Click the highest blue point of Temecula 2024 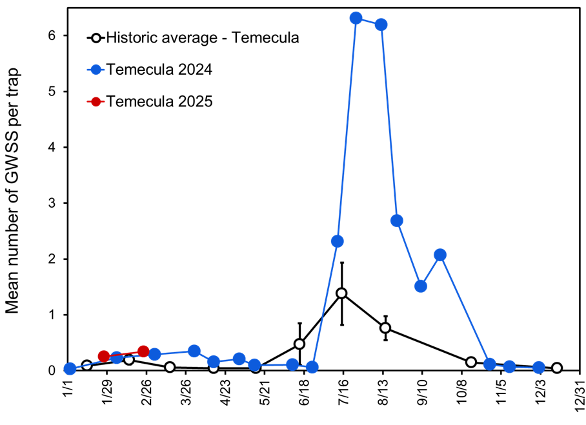click(x=356, y=18)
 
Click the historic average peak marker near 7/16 click(x=341, y=293)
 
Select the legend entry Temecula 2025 click(x=159, y=101)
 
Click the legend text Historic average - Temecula click(x=203, y=37)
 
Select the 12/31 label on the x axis click(x=578, y=393)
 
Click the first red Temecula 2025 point click(x=104, y=356)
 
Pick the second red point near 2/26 click(x=143, y=351)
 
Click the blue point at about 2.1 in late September click(x=440, y=255)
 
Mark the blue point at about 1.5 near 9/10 click(x=421, y=286)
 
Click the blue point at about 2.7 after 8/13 click(x=397, y=221)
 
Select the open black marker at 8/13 click(x=385, y=328)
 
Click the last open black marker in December click(x=557, y=368)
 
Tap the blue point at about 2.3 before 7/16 click(x=337, y=241)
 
